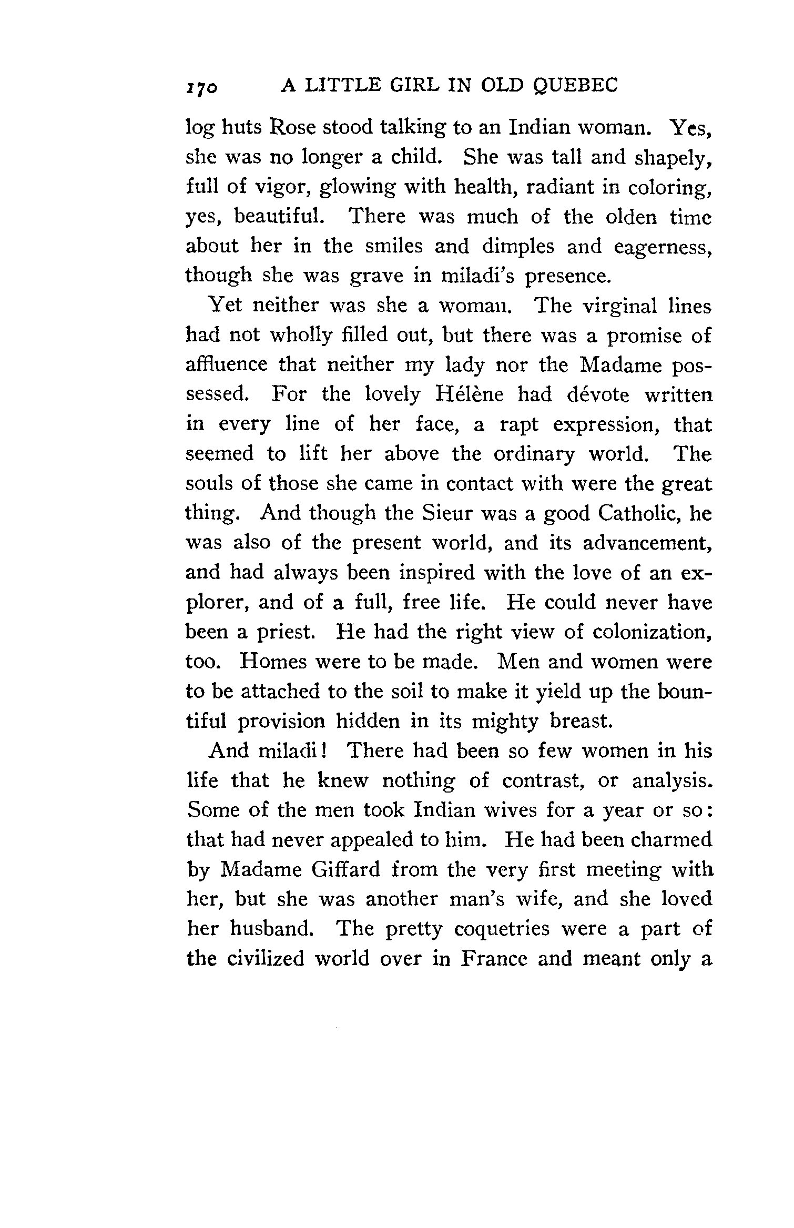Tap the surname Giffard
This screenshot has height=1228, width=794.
(345, 869)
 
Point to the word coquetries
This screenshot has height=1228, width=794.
(503, 929)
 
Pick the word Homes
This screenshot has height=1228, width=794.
(273, 661)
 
